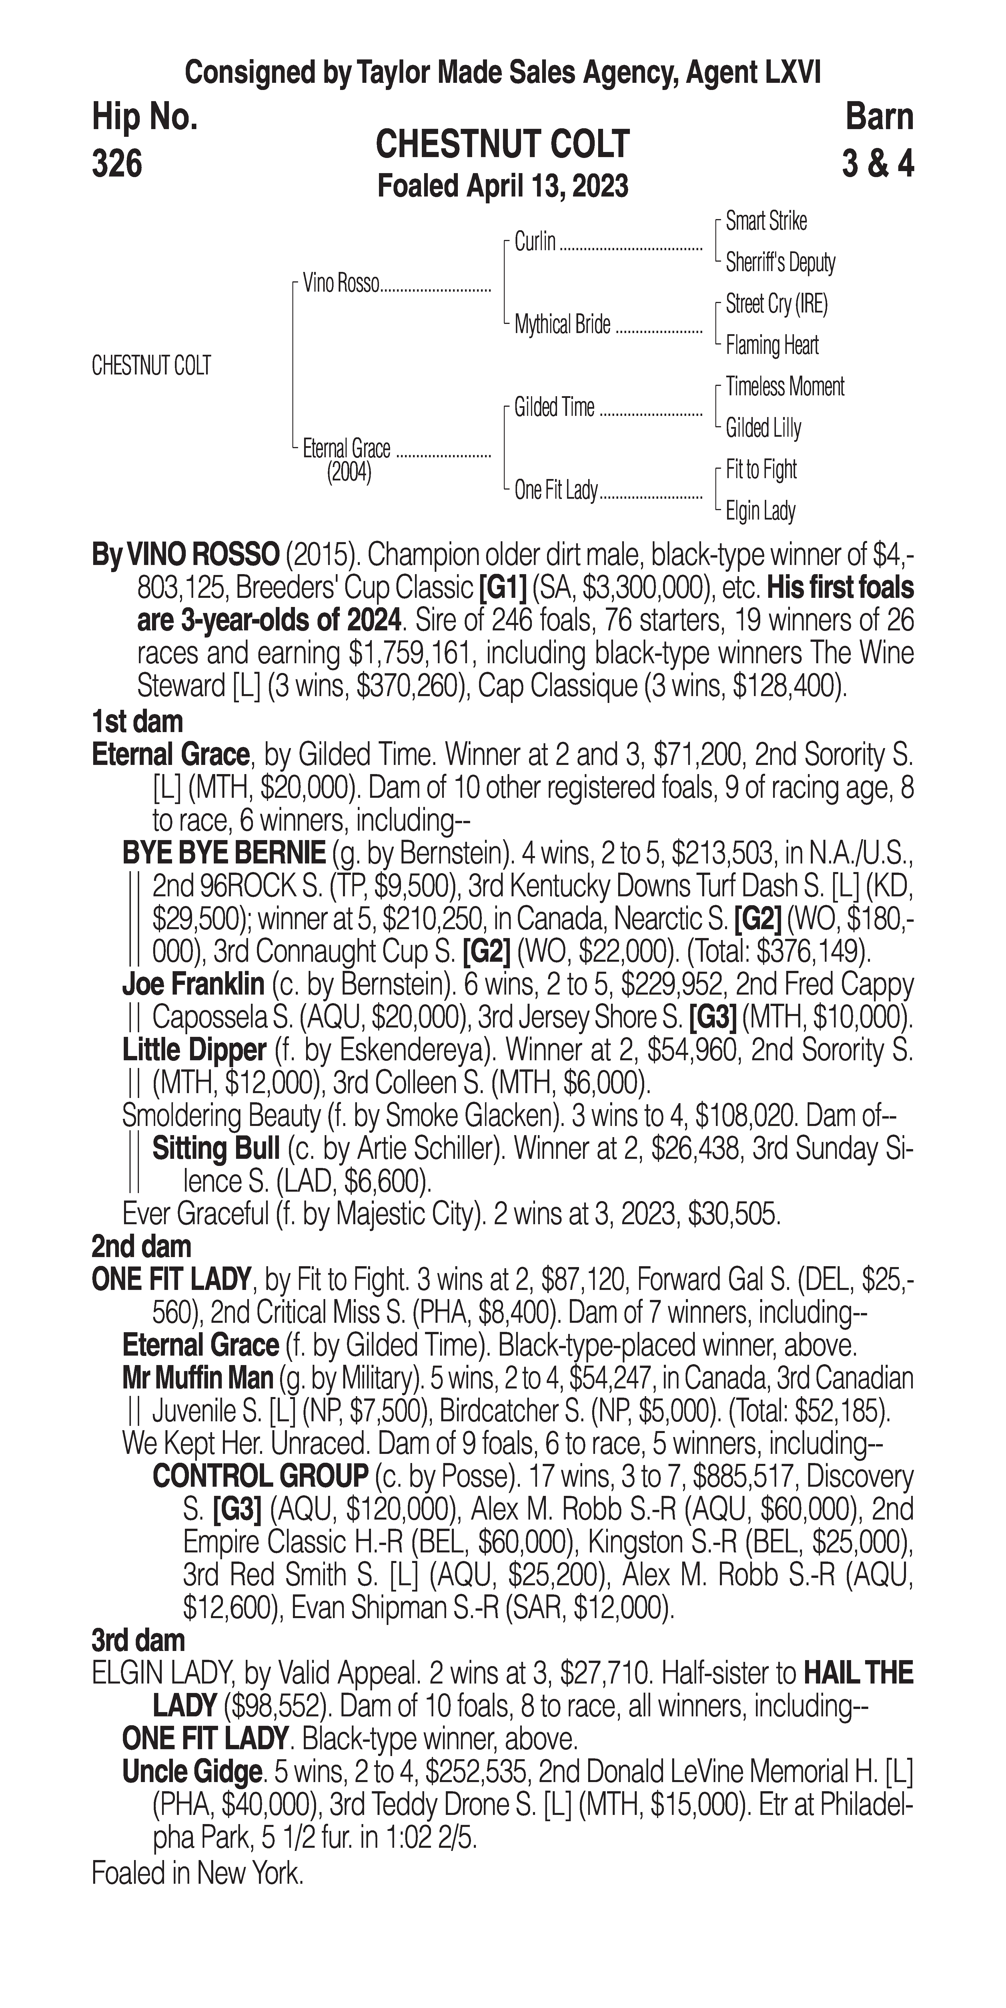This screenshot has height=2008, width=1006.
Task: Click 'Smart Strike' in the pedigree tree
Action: point(766,221)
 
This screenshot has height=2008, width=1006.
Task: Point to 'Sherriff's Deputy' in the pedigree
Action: point(780,263)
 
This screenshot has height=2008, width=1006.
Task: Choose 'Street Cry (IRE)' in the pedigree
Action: point(776,304)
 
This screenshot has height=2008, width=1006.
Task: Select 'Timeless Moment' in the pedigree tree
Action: point(785,387)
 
